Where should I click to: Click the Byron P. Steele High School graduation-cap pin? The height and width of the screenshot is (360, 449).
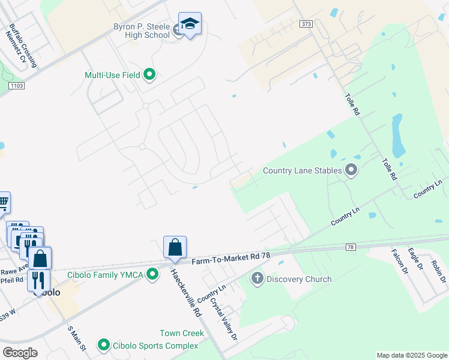pyautogui.click(x=190, y=24)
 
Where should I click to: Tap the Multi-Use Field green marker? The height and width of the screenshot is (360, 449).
pyautogui.click(x=149, y=75)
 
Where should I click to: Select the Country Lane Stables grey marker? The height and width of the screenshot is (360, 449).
pyautogui.click(x=352, y=171)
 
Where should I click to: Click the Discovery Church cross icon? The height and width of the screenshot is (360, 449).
pyautogui.click(x=258, y=278)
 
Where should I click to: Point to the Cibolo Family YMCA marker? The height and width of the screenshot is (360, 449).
pyautogui.click(x=153, y=274)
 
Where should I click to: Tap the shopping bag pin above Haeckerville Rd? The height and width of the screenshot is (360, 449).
pyautogui.click(x=175, y=247)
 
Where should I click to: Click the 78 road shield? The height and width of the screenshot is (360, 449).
pyautogui.click(x=351, y=247)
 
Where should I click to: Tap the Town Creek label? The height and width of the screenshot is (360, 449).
pyautogui.click(x=182, y=333)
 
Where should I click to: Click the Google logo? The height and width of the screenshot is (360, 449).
pyautogui.click(x=20, y=353)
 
